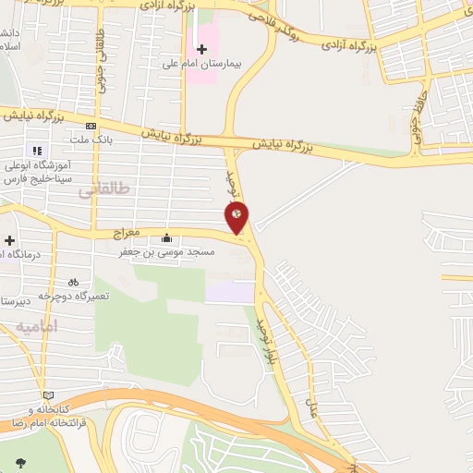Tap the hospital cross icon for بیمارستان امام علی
[x=202, y=48]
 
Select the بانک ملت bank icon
[x=91, y=126]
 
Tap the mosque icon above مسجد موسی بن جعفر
[x=166, y=236]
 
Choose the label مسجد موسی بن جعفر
[x=166, y=250]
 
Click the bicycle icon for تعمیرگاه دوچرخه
[x=73, y=282]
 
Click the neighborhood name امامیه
[x=37, y=327]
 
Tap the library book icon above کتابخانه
[x=48, y=395]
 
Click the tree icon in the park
[x=20, y=462]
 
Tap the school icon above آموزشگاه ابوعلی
[x=37, y=151]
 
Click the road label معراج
[x=126, y=224]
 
